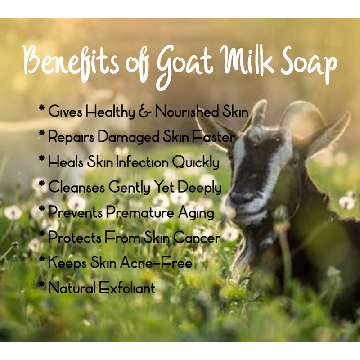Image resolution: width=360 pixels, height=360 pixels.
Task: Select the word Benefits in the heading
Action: (71, 60)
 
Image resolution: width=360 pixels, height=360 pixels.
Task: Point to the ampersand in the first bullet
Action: (145, 112)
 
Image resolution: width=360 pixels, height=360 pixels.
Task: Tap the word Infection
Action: (142, 162)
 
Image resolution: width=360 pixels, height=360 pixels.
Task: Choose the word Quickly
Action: (196, 162)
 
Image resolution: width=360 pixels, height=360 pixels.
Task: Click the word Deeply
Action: (199, 187)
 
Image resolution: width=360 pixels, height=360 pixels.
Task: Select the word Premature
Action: (140, 212)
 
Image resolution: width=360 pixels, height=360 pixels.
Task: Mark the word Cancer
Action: (197, 238)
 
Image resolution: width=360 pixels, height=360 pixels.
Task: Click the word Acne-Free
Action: (156, 262)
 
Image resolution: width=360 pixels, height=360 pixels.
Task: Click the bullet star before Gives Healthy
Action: (42, 108)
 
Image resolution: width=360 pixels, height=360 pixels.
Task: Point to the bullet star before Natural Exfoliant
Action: (42, 284)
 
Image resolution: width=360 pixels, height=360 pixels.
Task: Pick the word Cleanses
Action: (76, 187)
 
